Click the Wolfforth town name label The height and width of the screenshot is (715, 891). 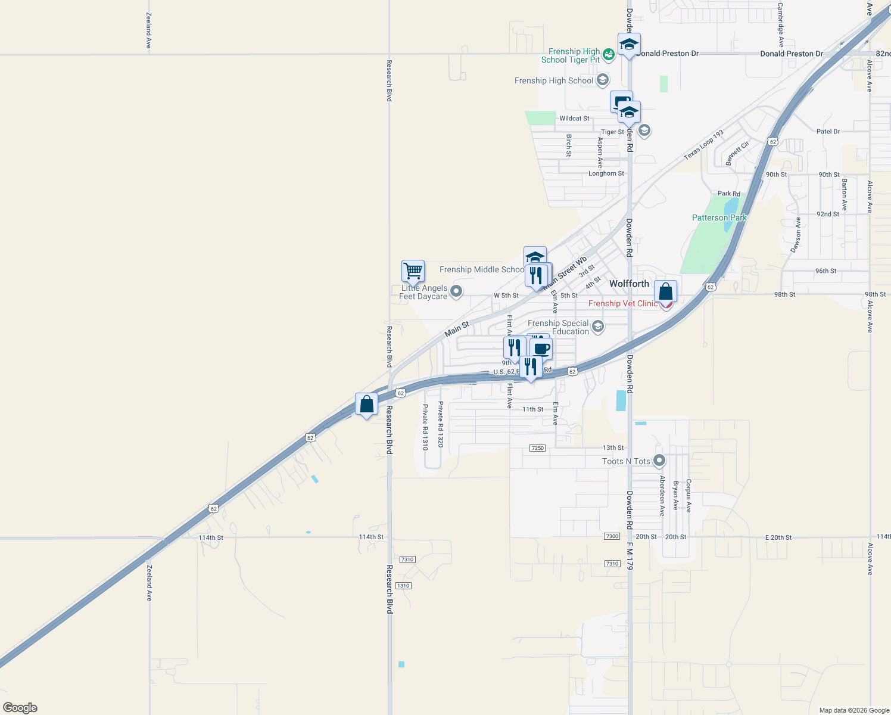(629, 284)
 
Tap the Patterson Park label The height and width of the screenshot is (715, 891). (719, 218)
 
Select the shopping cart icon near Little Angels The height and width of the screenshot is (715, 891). (413, 271)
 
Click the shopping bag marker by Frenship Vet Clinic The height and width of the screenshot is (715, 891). (665, 292)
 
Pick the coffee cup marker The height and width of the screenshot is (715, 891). (541, 348)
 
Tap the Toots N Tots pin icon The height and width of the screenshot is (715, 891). (659, 461)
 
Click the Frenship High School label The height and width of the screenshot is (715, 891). (554, 81)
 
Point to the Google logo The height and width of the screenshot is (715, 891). (20, 708)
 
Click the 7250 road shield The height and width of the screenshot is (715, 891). (537, 448)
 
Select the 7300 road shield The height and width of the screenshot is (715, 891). (612, 536)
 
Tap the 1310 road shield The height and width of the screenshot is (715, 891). (403, 586)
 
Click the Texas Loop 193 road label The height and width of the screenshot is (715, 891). (703, 145)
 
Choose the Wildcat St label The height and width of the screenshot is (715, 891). (574, 119)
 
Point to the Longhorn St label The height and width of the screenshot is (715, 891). (606, 173)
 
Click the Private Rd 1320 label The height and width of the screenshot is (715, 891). (441, 424)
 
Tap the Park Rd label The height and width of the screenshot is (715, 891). (728, 194)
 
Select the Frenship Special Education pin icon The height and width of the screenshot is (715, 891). (598, 327)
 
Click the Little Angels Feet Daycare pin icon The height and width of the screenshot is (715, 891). (456, 291)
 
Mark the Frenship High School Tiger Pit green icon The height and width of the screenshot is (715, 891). (608, 55)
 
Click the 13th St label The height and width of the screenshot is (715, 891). (613, 447)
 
